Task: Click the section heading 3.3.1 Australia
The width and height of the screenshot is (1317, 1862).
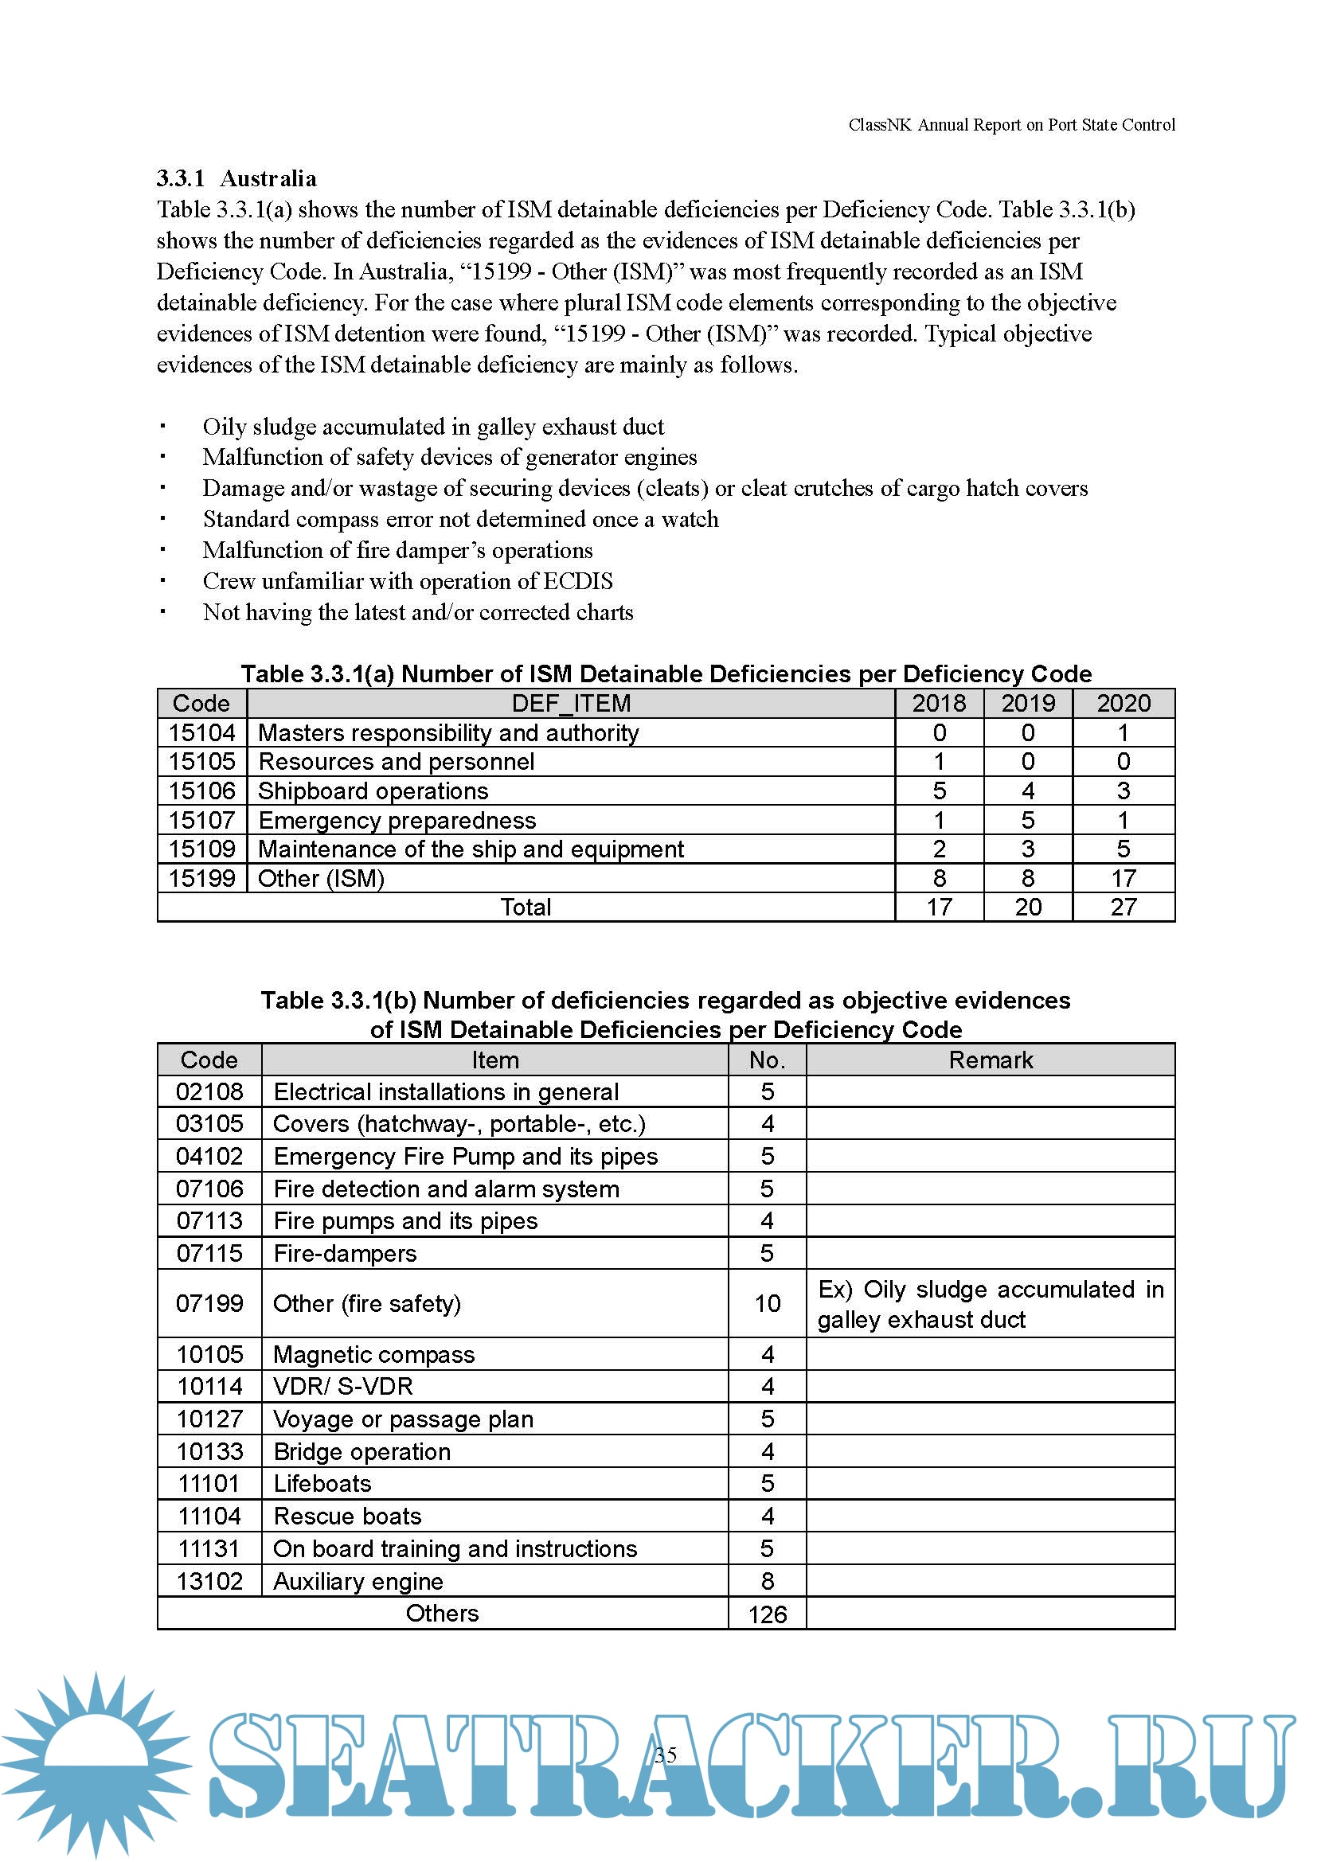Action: coord(236,178)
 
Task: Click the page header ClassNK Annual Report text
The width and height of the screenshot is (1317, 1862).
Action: coord(1011,125)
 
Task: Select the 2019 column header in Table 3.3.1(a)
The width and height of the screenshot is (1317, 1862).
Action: coord(1027,703)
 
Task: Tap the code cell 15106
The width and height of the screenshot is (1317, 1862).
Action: coord(202,790)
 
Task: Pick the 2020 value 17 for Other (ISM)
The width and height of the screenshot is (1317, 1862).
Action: coord(1124,878)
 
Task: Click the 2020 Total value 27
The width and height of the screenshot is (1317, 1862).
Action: coord(1124,908)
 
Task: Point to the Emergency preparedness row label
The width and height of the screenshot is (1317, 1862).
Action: coord(397,821)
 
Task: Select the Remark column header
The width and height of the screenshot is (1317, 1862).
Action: coord(991,1060)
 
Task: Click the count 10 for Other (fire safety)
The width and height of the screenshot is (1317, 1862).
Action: coord(767,1303)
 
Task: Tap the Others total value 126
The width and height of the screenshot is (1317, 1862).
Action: coord(767,1614)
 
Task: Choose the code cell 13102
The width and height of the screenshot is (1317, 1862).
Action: coord(209,1582)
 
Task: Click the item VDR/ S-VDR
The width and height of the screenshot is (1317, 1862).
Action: coord(343,1387)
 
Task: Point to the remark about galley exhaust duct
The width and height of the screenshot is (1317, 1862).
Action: coord(991,1304)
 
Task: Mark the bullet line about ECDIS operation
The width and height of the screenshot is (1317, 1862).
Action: coord(407,581)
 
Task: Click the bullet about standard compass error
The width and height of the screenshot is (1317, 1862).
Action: coord(459,519)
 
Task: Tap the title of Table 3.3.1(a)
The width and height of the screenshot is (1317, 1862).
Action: coord(666,674)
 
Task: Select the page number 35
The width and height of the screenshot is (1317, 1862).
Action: coord(666,1755)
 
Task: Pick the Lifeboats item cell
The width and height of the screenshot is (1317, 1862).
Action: coord(322,1484)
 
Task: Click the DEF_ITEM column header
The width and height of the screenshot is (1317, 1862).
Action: coord(571,703)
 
